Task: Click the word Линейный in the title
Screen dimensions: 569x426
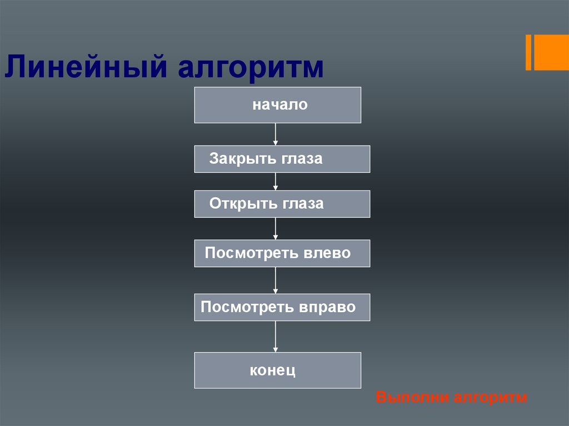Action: pos(86,67)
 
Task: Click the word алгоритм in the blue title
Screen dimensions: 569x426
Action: pos(251,68)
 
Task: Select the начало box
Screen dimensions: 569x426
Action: pos(278,105)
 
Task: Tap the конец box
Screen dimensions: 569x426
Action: pos(278,370)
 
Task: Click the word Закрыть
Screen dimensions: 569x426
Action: pos(238,159)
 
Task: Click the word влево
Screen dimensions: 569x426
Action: pos(327,253)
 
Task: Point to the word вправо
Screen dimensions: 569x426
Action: pos(327,307)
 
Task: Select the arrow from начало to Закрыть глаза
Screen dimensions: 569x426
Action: pos(276,134)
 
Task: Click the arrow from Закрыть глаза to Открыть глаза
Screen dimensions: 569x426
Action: pos(276,182)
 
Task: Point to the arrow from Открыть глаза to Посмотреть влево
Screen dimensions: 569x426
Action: pos(276,229)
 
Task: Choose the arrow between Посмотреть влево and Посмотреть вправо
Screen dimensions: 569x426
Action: pos(276,280)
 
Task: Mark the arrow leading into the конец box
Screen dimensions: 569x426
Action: pos(276,337)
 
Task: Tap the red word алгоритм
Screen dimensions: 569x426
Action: pos(490,397)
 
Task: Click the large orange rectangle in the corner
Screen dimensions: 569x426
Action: pos(551,52)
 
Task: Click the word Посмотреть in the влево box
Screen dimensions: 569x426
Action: pos(252,253)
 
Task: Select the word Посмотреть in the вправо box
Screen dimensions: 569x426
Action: pos(247,307)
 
